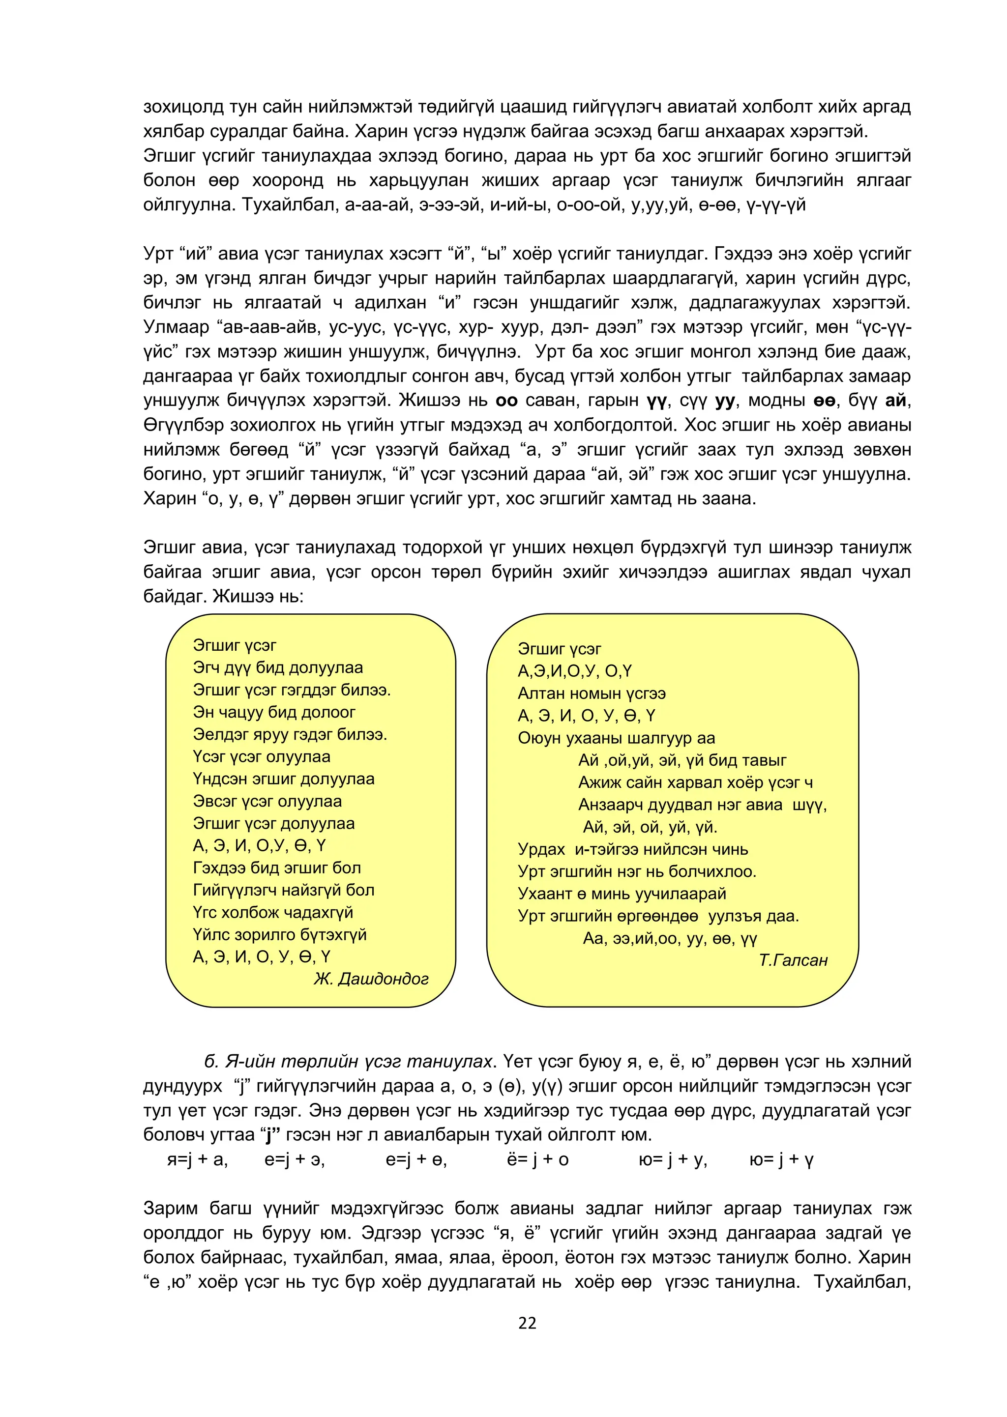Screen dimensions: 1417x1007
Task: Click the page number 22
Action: [x=527, y=1323]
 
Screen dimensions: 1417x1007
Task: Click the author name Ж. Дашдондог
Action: [x=371, y=979]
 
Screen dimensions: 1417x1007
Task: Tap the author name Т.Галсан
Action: [x=793, y=960]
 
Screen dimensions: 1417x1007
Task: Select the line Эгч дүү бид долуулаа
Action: [x=278, y=667]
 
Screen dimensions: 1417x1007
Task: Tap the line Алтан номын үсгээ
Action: [x=592, y=694]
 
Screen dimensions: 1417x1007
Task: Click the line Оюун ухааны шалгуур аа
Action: [x=617, y=738]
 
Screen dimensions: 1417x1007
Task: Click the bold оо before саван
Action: [x=506, y=401]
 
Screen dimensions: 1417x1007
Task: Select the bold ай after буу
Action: [x=895, y=401]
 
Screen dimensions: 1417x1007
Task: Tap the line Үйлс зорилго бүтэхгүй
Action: [x=280, y=934]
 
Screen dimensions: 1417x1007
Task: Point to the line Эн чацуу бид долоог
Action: [x=274, y=712]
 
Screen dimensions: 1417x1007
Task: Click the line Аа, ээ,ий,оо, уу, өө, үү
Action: [x=670, y=938]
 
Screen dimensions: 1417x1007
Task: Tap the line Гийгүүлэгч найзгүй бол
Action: [x=283, y=890]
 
